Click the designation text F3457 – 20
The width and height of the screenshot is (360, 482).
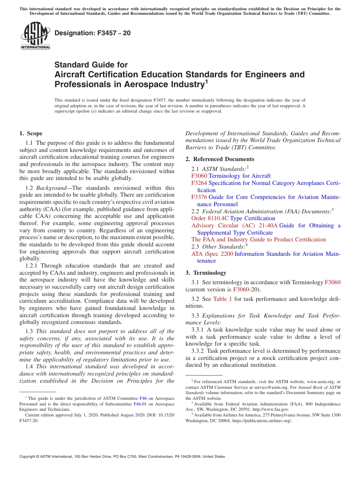click(92, 33)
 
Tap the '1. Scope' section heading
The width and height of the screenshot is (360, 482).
click(31, 133)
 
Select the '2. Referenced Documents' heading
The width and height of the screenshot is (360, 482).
click(220, 159)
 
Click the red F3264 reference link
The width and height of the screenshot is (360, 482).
click(199, 183)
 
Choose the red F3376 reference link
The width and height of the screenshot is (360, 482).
click(199, 197)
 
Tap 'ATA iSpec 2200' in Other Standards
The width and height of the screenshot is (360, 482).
click(212, 254)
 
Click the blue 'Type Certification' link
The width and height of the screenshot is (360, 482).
click(252, 218)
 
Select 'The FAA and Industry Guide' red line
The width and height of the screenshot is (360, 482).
click(258, 239)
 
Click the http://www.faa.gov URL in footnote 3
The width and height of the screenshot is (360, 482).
click(271, 409)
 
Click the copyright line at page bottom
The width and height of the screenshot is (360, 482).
click(122, 457)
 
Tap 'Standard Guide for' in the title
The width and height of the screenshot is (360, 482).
click(91, 65)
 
